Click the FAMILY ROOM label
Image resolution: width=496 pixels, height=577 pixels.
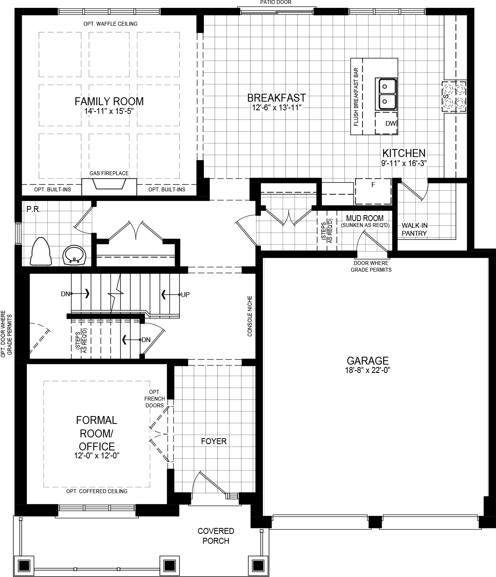109,102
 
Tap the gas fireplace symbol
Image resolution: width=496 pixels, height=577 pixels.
109,185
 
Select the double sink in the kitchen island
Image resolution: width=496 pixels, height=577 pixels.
386,95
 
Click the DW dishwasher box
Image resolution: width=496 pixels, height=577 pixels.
386,123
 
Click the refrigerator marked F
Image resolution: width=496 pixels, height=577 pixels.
372,191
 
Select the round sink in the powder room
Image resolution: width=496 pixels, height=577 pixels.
74,255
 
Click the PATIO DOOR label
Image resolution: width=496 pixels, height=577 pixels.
276,2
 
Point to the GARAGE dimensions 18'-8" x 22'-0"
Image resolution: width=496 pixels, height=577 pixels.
368,371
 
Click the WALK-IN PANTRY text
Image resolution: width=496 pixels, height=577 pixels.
414,229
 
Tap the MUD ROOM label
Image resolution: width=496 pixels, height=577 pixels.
365,218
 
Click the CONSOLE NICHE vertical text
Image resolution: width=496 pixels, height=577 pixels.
250,316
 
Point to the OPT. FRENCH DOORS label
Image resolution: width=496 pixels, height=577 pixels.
154,399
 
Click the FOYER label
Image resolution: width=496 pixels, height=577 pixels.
214,441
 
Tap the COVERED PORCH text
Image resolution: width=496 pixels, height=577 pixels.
216,536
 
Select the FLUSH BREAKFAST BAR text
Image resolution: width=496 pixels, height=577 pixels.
356,97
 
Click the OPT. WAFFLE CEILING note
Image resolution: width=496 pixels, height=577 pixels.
110,24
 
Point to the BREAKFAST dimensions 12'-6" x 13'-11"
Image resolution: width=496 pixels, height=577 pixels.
277,107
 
